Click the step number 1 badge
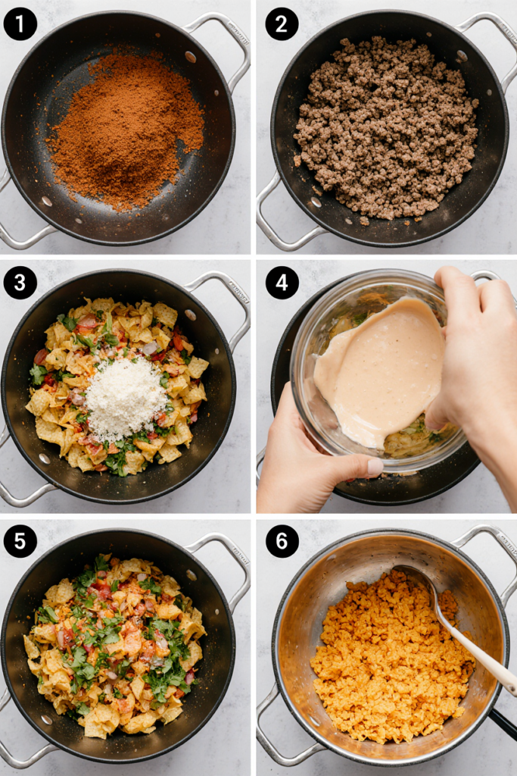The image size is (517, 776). (x=20, y=23)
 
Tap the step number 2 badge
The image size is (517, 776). (x=282, y=23)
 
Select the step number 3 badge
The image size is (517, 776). (x=20, y=283)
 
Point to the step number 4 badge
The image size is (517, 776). (x=282, y=283)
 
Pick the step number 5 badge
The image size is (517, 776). (x=20, y=541)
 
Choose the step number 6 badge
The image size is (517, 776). (x=282, y=541)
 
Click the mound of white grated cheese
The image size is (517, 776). (x=126, y=399)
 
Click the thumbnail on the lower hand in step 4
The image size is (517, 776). (x=375, y=467)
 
